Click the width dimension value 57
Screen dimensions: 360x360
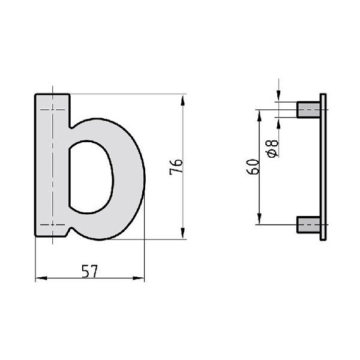(89, 271)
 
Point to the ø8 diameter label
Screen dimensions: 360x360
(272, 148)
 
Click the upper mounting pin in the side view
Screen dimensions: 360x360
(308, 109)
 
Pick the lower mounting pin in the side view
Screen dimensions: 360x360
(308, 225)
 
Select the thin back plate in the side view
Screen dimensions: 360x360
(323, 167)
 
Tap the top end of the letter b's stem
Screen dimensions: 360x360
(52, 96)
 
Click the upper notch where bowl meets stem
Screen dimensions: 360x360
(71, 126)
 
